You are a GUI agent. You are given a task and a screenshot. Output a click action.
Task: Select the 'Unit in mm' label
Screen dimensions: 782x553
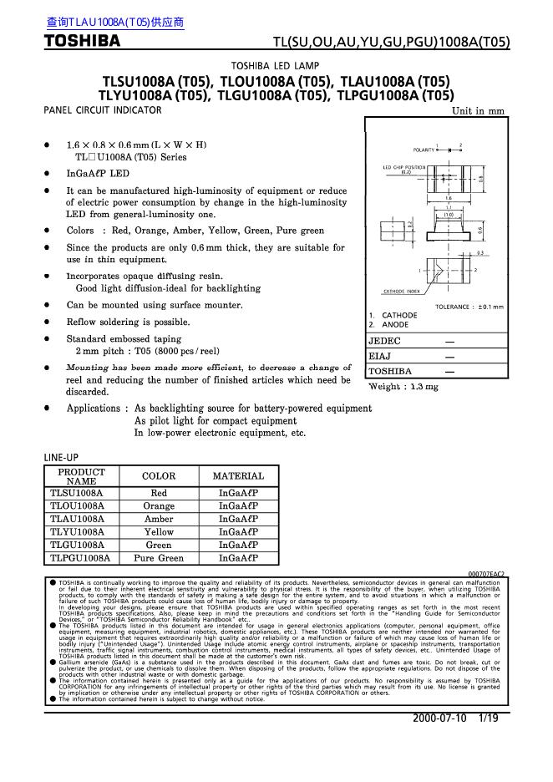(478, 111)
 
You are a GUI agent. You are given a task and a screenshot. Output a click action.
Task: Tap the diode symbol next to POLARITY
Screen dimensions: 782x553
(449, 150)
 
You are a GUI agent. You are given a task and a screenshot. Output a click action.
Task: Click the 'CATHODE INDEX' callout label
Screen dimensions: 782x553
(400, 291)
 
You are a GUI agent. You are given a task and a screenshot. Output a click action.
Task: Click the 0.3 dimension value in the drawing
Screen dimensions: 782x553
(479, 252)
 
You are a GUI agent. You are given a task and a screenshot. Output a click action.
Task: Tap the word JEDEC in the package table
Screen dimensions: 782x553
(385, 341)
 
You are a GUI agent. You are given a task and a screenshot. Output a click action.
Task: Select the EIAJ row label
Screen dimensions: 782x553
(380, 356)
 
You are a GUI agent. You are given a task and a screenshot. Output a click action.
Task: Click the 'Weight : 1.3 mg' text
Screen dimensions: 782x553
(403, 387)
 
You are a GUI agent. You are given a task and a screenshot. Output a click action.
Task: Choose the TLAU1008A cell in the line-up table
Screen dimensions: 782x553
(77, 519)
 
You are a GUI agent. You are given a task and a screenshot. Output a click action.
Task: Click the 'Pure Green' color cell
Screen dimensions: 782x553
(159, 557)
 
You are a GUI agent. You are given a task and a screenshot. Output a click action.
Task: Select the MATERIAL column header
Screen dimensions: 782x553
(238, 476)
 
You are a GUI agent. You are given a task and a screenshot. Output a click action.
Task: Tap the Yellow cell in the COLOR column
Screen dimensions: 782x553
(159, 531)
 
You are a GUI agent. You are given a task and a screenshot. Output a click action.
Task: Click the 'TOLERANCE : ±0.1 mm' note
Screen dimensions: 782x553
(469, 307)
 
